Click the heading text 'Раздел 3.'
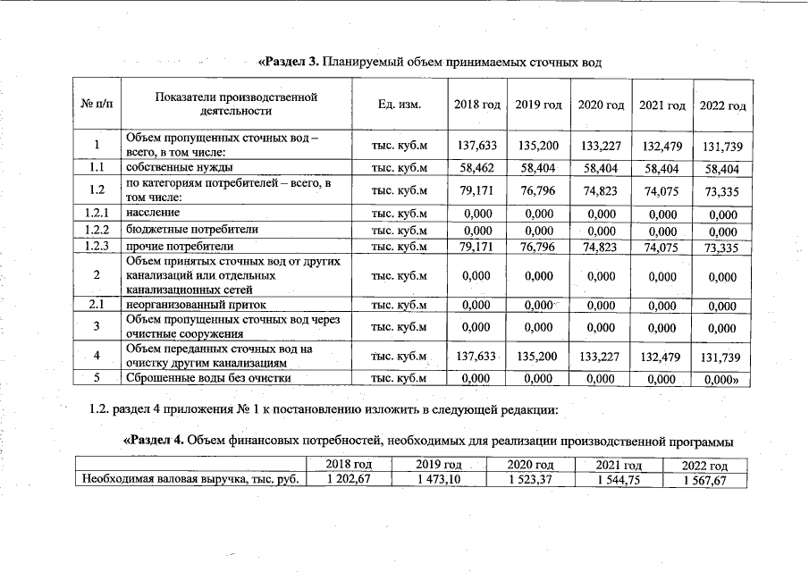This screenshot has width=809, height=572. [290, 62]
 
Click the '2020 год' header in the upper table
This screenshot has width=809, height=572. [601, 105]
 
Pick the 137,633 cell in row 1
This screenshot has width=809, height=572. [476, 146]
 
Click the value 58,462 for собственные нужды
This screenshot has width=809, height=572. [476, 167]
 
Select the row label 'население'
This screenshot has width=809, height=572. [153, 213]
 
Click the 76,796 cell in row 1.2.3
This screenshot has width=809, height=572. [538, 246]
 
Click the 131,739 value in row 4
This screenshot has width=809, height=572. [723, 358]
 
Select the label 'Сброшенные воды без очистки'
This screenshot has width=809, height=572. [208, 378]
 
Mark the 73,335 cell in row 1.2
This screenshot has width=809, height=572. [723, 190]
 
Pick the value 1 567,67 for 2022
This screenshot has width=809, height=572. [705, 480]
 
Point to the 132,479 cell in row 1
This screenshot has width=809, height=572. [662, 146]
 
